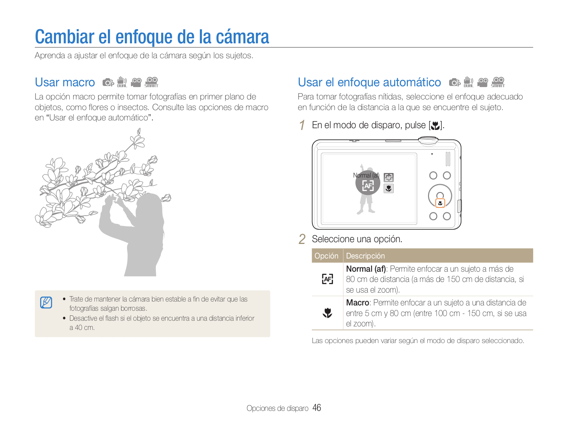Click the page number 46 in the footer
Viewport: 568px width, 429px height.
[x=316, y=408]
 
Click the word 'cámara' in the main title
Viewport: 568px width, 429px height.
[x=242, y=37]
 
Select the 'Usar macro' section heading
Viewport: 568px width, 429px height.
[x=65, y=82]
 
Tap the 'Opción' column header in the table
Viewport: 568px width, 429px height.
[x=326, y=256]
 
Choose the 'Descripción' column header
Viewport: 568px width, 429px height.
[x=365, y=256]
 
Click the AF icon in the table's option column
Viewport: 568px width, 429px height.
[x=327, y=279]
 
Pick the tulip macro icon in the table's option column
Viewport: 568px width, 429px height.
[x=327, y=313]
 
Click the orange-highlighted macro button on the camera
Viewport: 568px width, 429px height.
[x=440, y=203]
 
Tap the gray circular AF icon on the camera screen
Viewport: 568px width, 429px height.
[x=368, y=183]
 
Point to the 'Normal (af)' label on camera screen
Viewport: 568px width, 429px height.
[x=366, y=175]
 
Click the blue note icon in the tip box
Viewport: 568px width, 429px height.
[x=46, y=303]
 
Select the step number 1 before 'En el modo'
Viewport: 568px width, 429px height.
[x=302, y=125]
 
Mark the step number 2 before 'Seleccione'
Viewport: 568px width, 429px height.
[x=302, y=239]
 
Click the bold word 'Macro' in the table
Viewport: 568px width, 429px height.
[x=357, y=303]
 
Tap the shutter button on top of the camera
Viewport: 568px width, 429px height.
[x=428, y=140]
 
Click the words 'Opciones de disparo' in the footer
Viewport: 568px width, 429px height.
[x=277, y=408]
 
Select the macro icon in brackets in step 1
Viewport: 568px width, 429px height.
[x=436, y=126]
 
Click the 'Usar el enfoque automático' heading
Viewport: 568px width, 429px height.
[x=369, y=82]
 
